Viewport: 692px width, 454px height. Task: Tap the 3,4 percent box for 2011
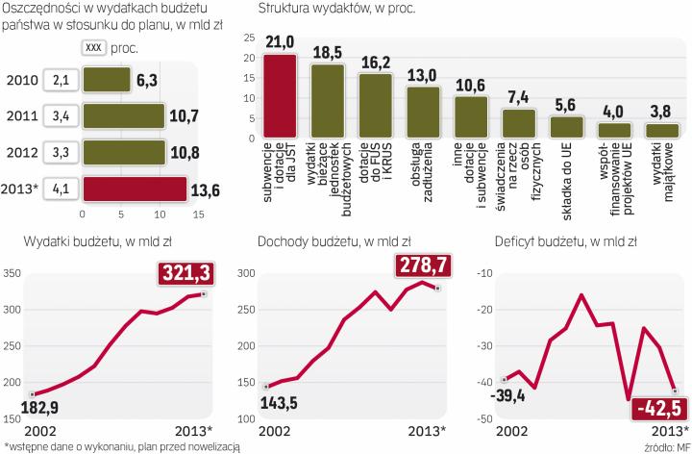point(60,116)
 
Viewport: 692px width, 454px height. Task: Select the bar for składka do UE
point(565,126)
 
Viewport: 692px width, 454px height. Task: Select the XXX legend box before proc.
point(93,47)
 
